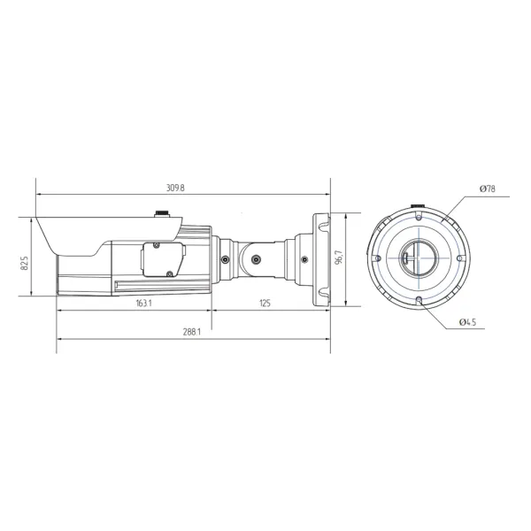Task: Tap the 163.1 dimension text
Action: click(144, 303)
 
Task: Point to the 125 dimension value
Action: click(265, 303)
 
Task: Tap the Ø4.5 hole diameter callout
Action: click(469, 323)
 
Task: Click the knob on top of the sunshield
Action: click(162, 213)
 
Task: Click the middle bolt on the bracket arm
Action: click(257, 259)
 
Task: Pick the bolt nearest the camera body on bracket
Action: click(227, 259)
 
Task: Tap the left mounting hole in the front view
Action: click(377, 258)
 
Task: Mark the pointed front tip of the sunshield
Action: click(34, 216)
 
